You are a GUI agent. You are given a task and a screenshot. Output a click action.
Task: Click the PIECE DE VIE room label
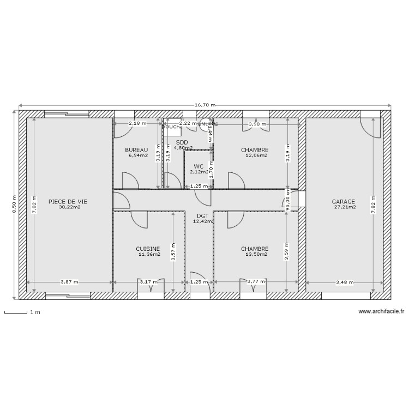pyautogui.click(x=67, y=201)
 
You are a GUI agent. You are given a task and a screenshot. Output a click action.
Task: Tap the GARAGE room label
pyautogui.click(x=344, y=201)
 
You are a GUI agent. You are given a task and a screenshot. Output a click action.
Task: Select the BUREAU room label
pyautogui.click(x=136, y=150)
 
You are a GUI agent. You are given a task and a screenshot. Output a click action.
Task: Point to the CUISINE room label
pyautogui.click(x=148, y=249)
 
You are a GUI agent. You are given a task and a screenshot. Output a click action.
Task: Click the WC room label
pyautogui.click(x=199, y=166)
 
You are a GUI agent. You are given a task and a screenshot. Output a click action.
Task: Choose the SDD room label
pyautogui.click(x=182, y=142)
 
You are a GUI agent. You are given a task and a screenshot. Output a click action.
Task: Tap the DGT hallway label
pyautogui.click(x=202, y=216)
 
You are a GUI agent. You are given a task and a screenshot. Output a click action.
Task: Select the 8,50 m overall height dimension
pyautogui.click(x=14, y=204)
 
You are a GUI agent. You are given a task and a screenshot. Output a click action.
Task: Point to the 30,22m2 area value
pyautogui.click(x=70, y=207)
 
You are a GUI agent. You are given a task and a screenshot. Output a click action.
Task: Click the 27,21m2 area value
pyautogui.click(x=344, y=207)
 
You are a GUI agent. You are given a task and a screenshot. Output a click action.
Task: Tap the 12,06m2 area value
pyautogui.click(x=256, y=155)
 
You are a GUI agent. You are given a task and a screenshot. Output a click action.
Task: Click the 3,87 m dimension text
pyautogui.click(x=69, y=282)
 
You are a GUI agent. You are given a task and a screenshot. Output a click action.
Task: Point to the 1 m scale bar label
pyautogui.click(x=35, y=313)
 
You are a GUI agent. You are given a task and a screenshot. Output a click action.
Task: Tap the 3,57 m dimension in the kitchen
pyautogui.click(x=173, y=252)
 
